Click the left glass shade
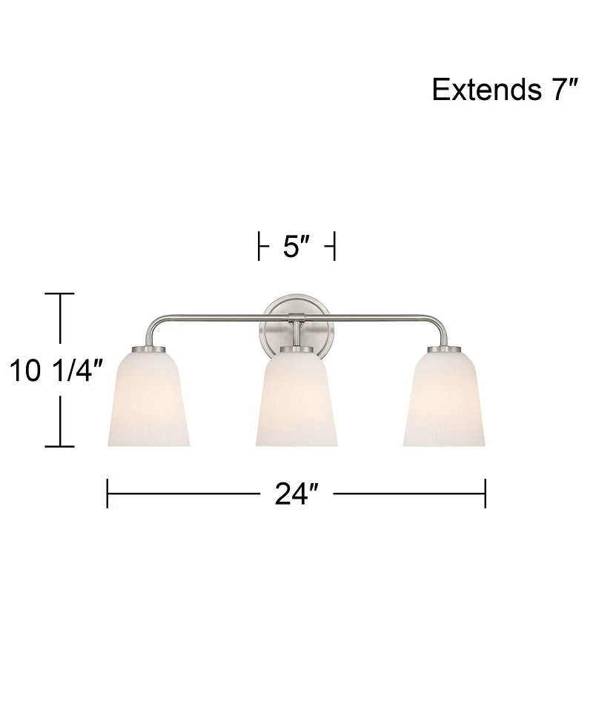[x=149, y=400]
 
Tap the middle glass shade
[x=296, y=400]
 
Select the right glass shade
[x=444, y=400]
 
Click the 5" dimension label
[x=296, y=247]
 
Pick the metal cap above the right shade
[x=444, y=348]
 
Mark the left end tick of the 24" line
[x=107, y=493]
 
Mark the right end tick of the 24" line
[x=486, y=493]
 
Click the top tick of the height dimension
[x=60, y=294]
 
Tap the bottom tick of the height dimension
[x=60, y=447]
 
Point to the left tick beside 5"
[x=259, y=247]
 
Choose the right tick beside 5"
[x=334, y=247]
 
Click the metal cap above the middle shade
[x=296, y=348]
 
